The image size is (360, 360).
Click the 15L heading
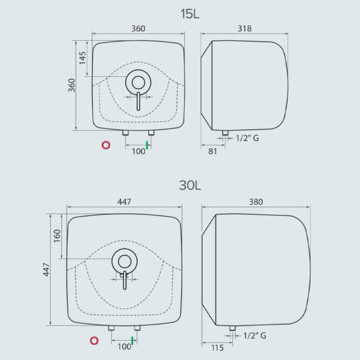pyautogui.click(x=190, y=14)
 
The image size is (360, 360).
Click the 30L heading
pyautogui.click(x=190, y=185)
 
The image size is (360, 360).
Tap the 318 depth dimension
pyautogui.click(x=245, y=28)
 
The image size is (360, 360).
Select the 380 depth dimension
pyautogui.click(x=256, y=202)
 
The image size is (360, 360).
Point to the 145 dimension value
pyautogui.click(x=82, y=58)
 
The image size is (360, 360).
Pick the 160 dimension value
pyautogui.click(x=57, y=236)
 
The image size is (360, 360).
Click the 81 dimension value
pyautogui.click(x=212, y=151)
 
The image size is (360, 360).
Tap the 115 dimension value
pyautogui.click(x=217, y=348)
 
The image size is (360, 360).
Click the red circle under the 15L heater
pyautogui.click(x=106, y=145)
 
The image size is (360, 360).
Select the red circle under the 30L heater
pyautogui.click(x=94, y=341)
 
